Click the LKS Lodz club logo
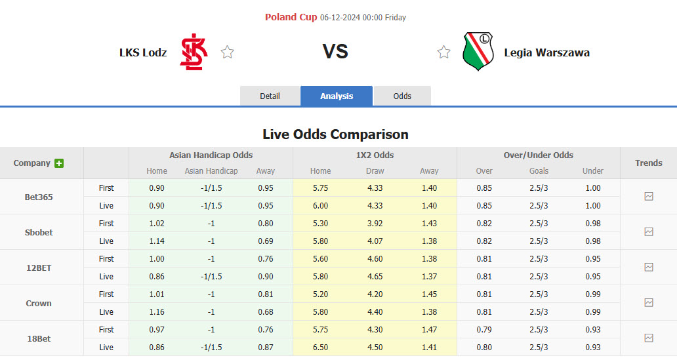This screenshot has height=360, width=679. point(194,52)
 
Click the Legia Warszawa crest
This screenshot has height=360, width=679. point(478,52)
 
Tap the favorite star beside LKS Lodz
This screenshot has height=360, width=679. point(228,52)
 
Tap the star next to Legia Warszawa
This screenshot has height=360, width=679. point(444,52)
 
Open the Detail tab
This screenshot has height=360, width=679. point(270,96)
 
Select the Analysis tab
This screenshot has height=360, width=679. point(337,96)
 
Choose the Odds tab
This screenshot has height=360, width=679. point(402,96)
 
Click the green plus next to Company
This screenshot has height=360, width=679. point(59,163)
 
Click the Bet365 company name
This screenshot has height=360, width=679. point(39,197)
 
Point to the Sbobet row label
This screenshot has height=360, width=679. point(39,232)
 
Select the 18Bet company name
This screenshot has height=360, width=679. point(39,338)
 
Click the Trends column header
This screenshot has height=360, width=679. point(648,163)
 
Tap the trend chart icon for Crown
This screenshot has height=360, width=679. point(649,302)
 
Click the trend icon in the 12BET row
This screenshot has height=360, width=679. point(649,267)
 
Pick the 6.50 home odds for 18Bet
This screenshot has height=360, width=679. point(320,348)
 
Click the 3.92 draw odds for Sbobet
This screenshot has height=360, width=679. point(375,224)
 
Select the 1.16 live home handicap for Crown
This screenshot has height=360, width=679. point(157,312)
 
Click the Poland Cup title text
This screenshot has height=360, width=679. point(291,17)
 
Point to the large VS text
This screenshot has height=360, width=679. point(335,52)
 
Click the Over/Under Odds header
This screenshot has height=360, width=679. point(538,155)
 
